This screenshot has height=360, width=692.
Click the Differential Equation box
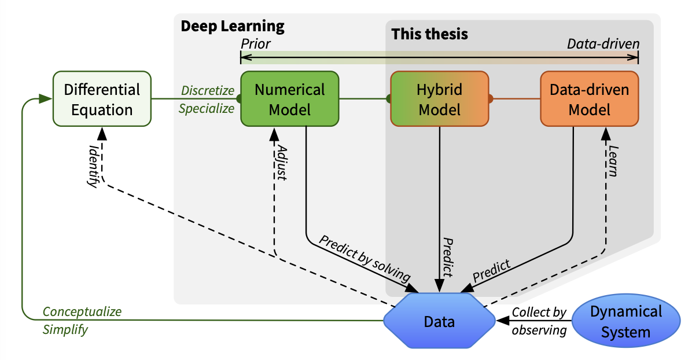[102, 99]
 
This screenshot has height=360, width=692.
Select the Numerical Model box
[290, 99]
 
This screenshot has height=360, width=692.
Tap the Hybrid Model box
[440, 99]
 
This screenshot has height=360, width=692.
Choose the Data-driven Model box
[590, 99]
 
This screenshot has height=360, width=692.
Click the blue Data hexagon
[440, 321]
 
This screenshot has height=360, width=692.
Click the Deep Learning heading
[233, 26]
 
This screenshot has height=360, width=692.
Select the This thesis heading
[430, 34]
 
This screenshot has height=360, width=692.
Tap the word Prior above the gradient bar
[256, 43]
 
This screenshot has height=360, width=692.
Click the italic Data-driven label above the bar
[603, 43]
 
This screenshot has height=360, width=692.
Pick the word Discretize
[208, 91]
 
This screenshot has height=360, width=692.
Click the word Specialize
[207, 108]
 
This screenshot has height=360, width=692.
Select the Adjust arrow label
[282, 163]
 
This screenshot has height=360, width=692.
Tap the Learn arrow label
[613, 163]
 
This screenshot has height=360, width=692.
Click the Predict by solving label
[365, 258]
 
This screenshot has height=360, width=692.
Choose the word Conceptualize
[82, 312]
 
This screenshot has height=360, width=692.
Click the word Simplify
[65, 330]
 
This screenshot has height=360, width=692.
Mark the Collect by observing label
[539, 321]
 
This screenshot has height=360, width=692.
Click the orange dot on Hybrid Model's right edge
[490, 99]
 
